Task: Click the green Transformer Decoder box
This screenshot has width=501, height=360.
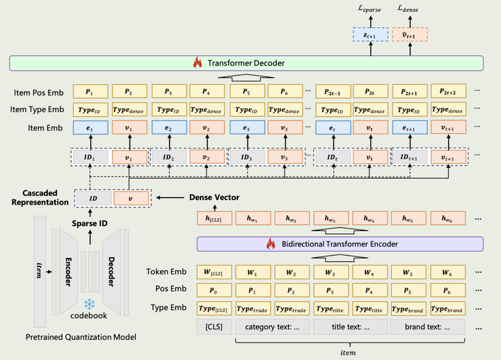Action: tap(250, 64)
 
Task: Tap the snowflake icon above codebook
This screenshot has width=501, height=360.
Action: tap(89, 304)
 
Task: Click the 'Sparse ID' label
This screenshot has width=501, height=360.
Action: tap(94, 224)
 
